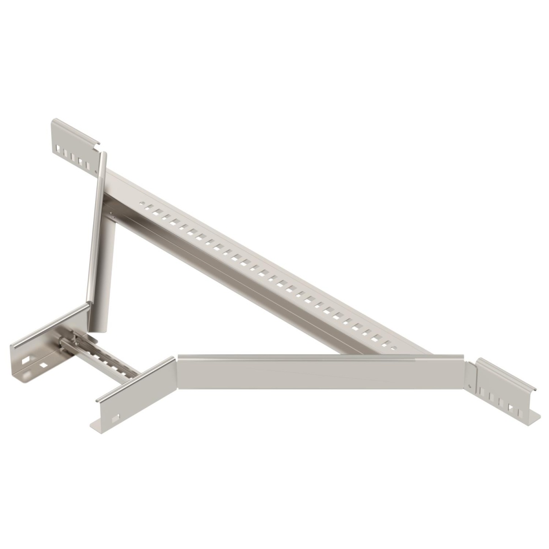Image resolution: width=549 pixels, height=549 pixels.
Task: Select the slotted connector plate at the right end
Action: pos(503,387)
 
